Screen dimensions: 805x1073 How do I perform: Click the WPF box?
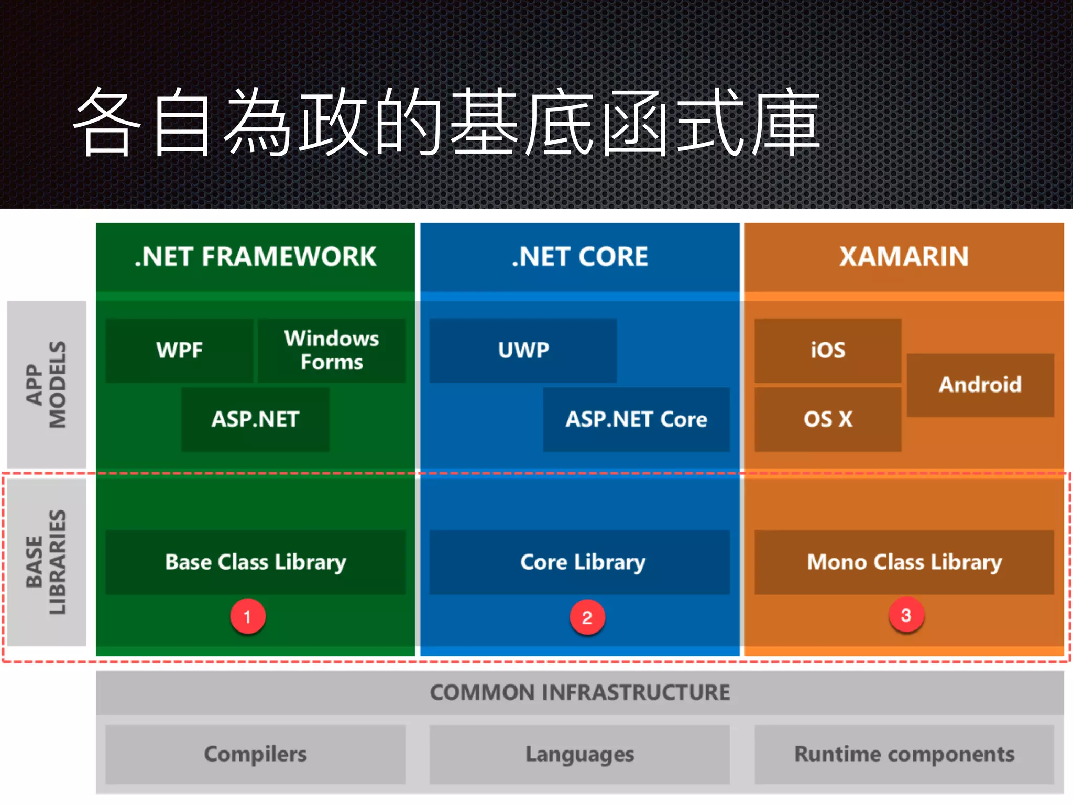click(179, 350)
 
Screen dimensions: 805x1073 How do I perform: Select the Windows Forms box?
click(331, 350)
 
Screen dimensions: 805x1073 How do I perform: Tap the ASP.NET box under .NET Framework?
click(255, 419)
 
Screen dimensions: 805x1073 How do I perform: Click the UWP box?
click(523, 350)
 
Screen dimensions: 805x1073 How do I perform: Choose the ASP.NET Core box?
click(636, 419)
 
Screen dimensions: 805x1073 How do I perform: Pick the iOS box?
click(828, 350)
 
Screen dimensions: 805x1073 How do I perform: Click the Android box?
click(980, 385)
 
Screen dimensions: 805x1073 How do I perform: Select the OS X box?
click(828, 419)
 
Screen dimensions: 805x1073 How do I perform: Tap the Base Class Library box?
click(255, 562)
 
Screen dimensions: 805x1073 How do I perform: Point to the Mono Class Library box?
click(904, 562)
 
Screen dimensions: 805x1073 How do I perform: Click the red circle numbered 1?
click(248, 616)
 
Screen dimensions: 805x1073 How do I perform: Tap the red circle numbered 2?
click(587, 617)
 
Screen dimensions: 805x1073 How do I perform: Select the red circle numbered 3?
click(906, 615)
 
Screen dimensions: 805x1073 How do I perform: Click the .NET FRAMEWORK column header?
click(255, 257)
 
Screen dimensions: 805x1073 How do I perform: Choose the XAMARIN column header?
click(904, 257)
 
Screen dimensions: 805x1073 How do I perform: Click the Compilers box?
click(255, 754)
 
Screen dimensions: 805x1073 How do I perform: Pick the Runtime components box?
click(904, 754)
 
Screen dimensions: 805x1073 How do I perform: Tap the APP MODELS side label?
click(47, 384)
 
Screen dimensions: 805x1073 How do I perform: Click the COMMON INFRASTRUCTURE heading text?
click(579, 692)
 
